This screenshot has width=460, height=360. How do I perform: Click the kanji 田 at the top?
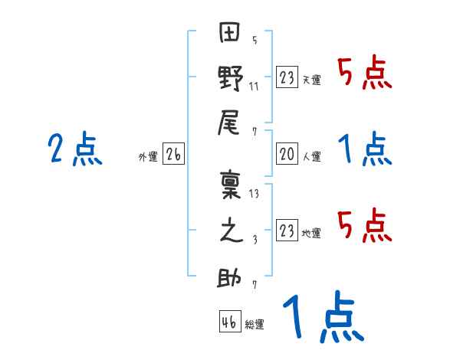click(x=230, y=35)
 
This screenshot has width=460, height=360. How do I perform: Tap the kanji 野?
click(x=230, y=80)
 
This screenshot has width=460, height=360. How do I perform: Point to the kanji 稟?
click(x=230, y=187)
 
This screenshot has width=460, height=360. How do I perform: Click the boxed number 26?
click(x=173, y=155)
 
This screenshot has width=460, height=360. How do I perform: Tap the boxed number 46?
click(x=229, y=322)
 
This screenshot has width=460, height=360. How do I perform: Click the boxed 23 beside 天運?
click(x=287, y=78)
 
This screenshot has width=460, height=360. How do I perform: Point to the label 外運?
click(x=147, y=157)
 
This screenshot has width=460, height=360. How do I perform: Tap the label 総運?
click(x=255, y=324)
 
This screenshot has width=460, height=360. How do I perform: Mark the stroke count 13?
click(x=255, y=194)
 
